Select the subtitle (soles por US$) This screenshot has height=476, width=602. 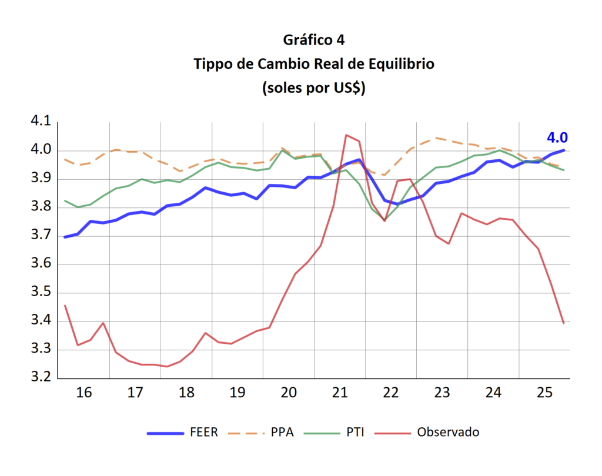pos(313,89)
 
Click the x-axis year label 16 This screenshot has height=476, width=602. pos(84,393)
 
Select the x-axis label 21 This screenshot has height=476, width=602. pos(340,393)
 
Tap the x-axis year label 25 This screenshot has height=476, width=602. pos(545,393)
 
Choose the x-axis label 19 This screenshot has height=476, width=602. pos(238,393)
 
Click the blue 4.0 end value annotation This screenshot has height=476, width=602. pos(557,138)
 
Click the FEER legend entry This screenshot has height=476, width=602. pos(203,433)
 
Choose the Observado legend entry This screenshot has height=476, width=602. pos(447,433)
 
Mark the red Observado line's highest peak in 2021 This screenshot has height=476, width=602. pos(347,135)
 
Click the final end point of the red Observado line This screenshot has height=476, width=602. pos(563,323)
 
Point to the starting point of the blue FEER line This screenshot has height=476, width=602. pos(65,237)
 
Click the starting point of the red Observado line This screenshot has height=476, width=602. pos(65,306)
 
